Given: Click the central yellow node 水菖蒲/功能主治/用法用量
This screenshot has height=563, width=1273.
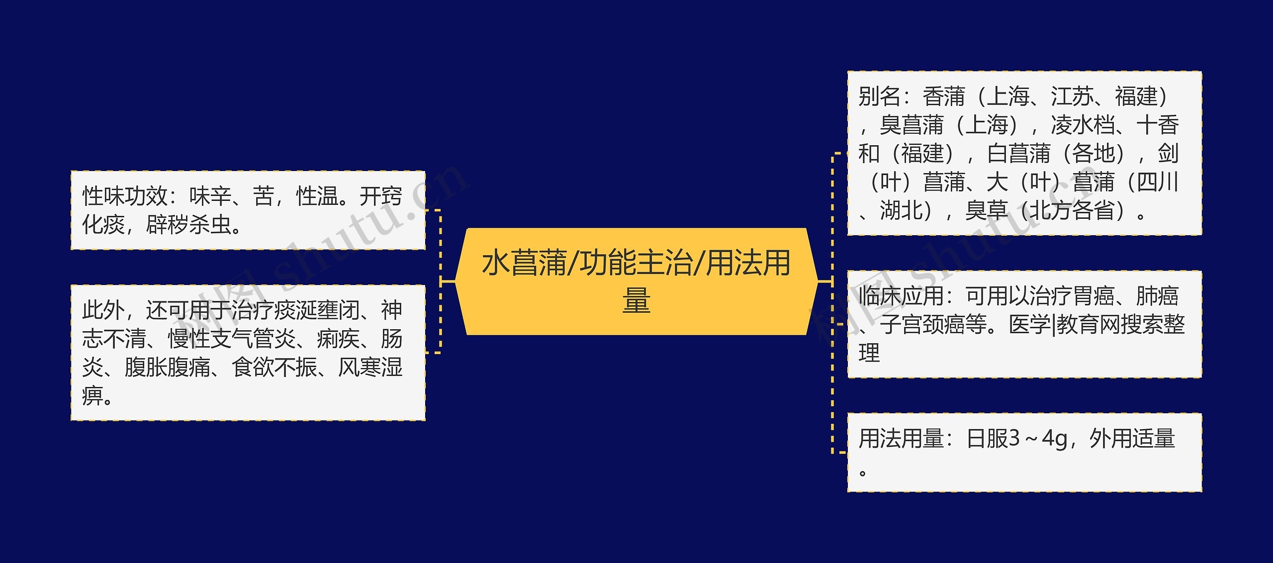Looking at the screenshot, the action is tap(636, 281).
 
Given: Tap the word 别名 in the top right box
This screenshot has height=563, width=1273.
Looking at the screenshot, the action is tap(879, 96).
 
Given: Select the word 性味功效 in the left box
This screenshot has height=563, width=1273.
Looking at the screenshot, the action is tap(125, 196).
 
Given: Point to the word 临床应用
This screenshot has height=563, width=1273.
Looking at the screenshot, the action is tap(901, 296).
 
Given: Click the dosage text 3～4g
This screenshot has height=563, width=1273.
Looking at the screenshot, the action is tap(1042, 439).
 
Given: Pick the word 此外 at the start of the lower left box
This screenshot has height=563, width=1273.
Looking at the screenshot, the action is tap(103, 311).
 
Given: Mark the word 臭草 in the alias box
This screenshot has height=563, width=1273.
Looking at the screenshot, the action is tap(986, 211).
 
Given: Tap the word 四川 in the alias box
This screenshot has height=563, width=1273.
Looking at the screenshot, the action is tap(1158, 183).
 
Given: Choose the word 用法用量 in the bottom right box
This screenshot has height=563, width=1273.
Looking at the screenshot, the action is tap(901, 439).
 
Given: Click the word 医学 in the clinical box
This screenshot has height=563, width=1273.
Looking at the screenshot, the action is tap(1029, 325).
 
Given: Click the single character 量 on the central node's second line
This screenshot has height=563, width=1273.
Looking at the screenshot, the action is tap(636, 300).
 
